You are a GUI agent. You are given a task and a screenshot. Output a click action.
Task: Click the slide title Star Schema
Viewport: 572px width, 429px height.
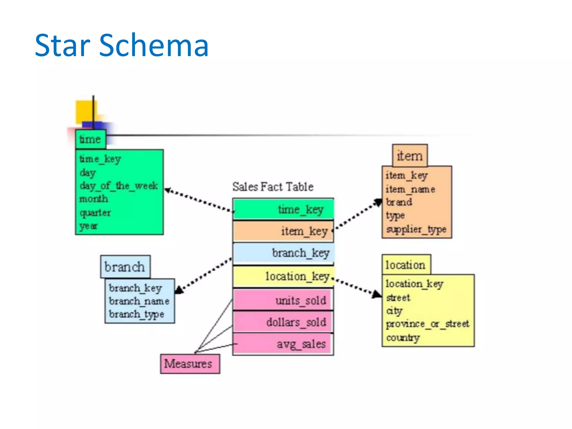point(121,45)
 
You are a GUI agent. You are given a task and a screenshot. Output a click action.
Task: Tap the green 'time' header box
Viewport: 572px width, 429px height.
point(90,139)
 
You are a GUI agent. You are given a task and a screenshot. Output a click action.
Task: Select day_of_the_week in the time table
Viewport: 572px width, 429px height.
point(118,185)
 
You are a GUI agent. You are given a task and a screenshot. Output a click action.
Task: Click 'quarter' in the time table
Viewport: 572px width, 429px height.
point(95,213)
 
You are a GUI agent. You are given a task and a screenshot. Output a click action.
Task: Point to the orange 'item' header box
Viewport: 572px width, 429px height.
point(409,156)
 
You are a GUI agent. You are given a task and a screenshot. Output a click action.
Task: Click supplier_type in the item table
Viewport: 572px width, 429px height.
point(416,229)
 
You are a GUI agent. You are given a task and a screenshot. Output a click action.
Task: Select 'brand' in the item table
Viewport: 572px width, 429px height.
point(399,202)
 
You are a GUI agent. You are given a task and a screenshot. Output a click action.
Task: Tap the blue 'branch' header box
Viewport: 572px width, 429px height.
point(125,267)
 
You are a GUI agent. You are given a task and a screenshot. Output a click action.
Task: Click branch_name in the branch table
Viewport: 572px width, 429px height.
point(139,301)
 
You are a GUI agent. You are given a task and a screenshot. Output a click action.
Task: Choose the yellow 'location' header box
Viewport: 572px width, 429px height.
point(406,265)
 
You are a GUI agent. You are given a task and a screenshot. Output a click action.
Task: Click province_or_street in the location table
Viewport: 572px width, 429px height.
point(427,324)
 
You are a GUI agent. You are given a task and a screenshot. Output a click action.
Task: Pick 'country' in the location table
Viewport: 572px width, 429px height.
point(403,338)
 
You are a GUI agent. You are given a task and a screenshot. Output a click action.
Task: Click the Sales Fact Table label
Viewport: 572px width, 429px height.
point(273,187)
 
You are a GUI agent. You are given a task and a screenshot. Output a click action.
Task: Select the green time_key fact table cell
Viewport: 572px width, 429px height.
point(283,209)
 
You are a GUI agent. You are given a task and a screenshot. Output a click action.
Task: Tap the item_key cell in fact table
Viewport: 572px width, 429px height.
point(283,231)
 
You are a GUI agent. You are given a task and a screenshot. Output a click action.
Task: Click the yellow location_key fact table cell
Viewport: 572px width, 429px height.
point(283,277)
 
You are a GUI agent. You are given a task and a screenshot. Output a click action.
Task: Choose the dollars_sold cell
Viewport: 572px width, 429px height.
point(283,322)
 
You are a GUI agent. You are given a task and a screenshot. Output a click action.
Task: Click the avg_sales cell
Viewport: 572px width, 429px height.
point(283,344)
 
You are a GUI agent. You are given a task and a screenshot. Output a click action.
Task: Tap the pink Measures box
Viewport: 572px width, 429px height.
point(190,364)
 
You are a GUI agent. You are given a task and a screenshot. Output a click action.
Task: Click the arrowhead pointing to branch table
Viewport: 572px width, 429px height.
point(179,290)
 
